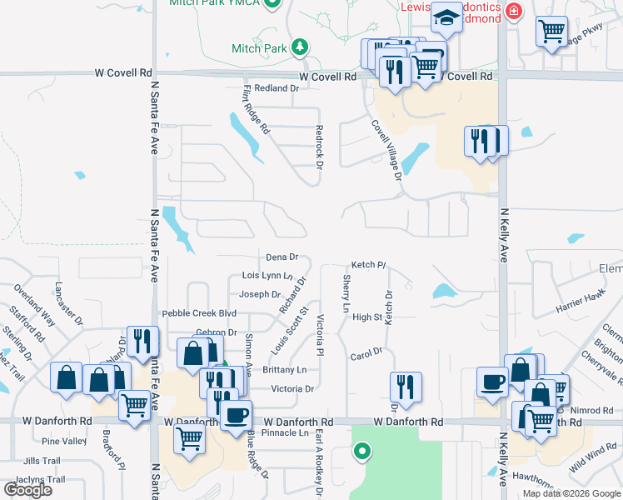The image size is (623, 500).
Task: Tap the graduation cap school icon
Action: click(446, 17)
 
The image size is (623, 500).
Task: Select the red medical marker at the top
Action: click(513, 10)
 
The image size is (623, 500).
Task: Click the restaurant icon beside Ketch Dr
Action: click(406, 387)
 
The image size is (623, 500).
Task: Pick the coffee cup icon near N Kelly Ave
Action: click(492, 381)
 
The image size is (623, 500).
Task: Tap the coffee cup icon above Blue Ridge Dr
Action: click(236, 414)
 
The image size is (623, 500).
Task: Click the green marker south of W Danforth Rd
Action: click(361, 452)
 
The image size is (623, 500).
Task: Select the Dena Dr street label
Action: click(282, 257)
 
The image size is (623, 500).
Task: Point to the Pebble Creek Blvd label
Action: click(199, 313)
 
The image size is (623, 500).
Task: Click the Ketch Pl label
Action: click(367, 265)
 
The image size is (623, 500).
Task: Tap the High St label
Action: click(366, 317)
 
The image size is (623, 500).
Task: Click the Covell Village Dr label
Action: click(386, 150)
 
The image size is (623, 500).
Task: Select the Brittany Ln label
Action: click(284, 369)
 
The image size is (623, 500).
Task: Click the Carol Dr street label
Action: click(366, 352)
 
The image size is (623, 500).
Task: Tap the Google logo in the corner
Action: click(27, 489)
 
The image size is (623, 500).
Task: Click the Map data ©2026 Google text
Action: click(571, 493)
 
